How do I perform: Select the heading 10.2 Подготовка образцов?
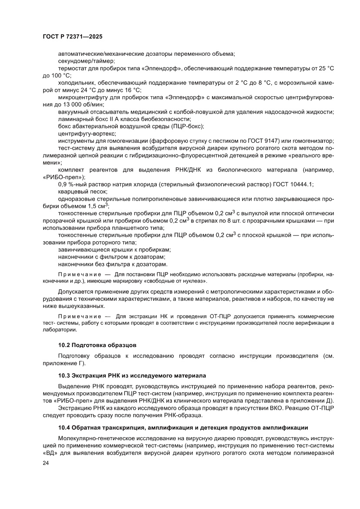[98, 345]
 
